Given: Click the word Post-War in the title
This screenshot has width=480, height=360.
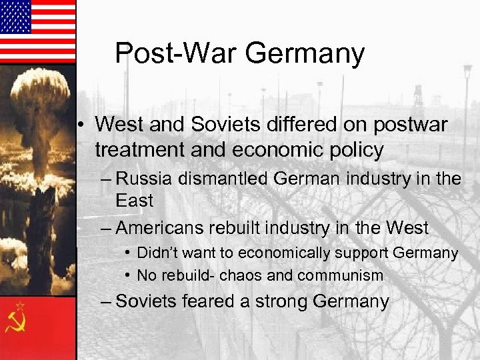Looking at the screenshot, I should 178,53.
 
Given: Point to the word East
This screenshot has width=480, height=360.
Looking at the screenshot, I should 134,200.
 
